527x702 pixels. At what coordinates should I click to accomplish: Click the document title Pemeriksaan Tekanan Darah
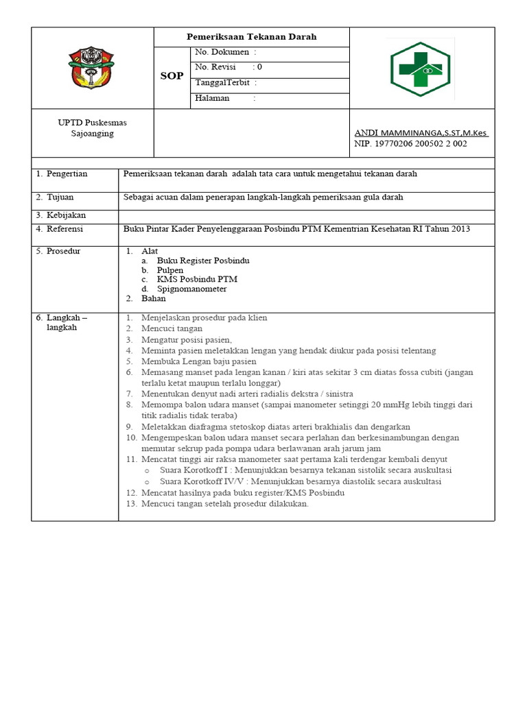pos(251,37)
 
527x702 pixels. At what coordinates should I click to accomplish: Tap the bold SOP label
pos(172,76)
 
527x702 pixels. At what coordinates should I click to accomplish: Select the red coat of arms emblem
pos(92,66)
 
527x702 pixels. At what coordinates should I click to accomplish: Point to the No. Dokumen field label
pos(222,52)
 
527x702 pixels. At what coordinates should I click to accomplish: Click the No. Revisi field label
pos(215,67)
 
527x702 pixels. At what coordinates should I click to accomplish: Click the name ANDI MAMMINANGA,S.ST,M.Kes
pos(421,132)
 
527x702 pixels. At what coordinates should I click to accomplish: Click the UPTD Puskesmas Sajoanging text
pos(92,128)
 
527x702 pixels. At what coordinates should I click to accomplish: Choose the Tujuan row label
pos(61,197)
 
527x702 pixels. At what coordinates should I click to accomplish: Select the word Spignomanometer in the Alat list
pos(191,289)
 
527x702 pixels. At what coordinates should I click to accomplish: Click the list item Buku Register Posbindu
pos(203,261)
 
